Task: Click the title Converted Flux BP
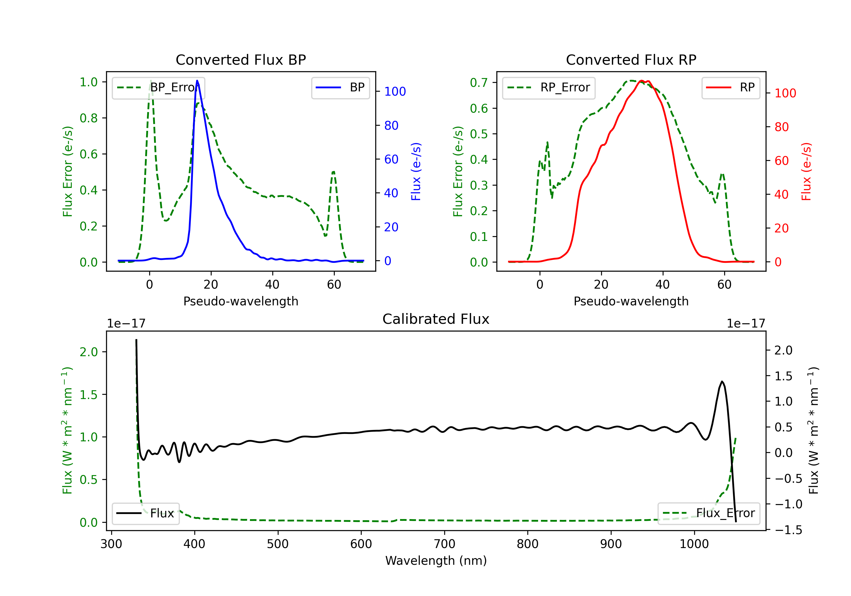click(241, 60)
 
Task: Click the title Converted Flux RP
click(631, 60)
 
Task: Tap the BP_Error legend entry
click(159, 87)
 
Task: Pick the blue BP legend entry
click(340, 87)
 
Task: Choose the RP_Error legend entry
click(549, 87)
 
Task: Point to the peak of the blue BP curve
click(197, 81)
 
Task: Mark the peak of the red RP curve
click(642, 81)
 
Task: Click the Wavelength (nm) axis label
click(436, 561)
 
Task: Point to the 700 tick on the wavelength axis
click(445, 544)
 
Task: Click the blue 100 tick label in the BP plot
click(395, 92)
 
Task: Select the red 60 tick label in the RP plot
click(781, 161)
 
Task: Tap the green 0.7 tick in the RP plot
click(479, 83)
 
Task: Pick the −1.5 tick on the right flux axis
click(788, 530)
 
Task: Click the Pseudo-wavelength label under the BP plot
click(241, 301)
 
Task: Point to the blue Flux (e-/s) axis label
click(416, 171)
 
